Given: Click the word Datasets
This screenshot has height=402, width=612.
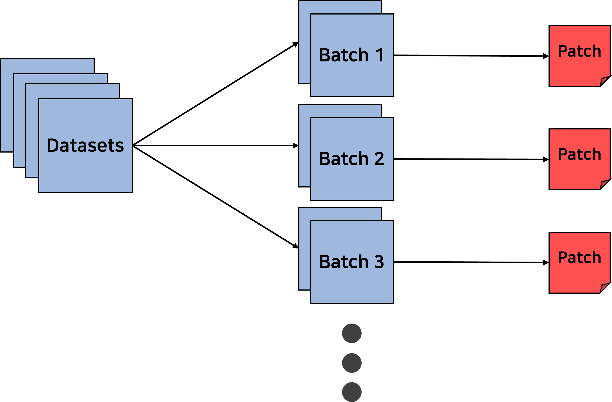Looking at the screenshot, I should pyautogui.click(x=85, y=146).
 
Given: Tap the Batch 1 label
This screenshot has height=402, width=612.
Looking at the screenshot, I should pyautogui.click(x=351, y=55).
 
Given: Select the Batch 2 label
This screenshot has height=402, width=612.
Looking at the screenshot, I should pyautogui.click(x=351, y=158).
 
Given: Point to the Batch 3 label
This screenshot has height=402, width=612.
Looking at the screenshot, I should pyautogui.click(x=351, y=262).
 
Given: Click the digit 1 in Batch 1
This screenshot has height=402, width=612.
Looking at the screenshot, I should pyautogui.click(x=380, y=55).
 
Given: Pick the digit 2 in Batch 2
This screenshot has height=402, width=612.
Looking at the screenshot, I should pyautogui.click(x=379, y=158).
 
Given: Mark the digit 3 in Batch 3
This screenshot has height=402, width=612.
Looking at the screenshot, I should pyautogui.click(x=379, y=262).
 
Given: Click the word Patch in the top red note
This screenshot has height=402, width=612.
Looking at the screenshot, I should pyautogui.click(x=579, y=51).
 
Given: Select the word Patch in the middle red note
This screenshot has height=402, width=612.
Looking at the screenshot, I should pyautogui.click(x=579, y=155).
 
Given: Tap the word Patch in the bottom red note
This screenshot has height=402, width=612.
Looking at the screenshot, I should pyautogui.click(x=579, y=258).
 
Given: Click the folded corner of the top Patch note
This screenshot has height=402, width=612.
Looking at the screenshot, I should pyautogui.click(x=604, y=81).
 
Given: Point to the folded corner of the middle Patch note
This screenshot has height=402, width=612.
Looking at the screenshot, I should pyautogui.click(x=604, y=184).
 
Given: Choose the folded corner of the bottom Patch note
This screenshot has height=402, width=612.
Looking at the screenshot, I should pyautogui.click(x=604, y=287).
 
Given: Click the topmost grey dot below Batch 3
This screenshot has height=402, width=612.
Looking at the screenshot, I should pyautogui.click(x=352, y=333).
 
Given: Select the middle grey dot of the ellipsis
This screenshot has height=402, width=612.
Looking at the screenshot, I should pyautogui.click(x=352, y=363).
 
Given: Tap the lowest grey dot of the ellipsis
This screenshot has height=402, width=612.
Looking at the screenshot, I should pyautogui.click(x=352, y=392).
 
